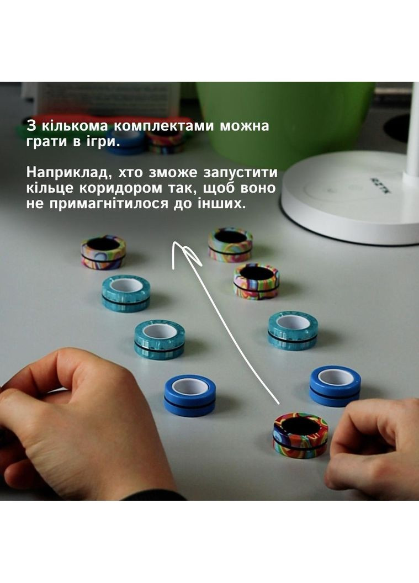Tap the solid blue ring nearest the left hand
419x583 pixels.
pos(189,395)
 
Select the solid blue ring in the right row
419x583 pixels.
pos(335,385)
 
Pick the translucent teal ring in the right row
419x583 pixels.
pos(293,330)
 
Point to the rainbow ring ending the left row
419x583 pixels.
pos(103,252)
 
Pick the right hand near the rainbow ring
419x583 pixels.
pos(375,447)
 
